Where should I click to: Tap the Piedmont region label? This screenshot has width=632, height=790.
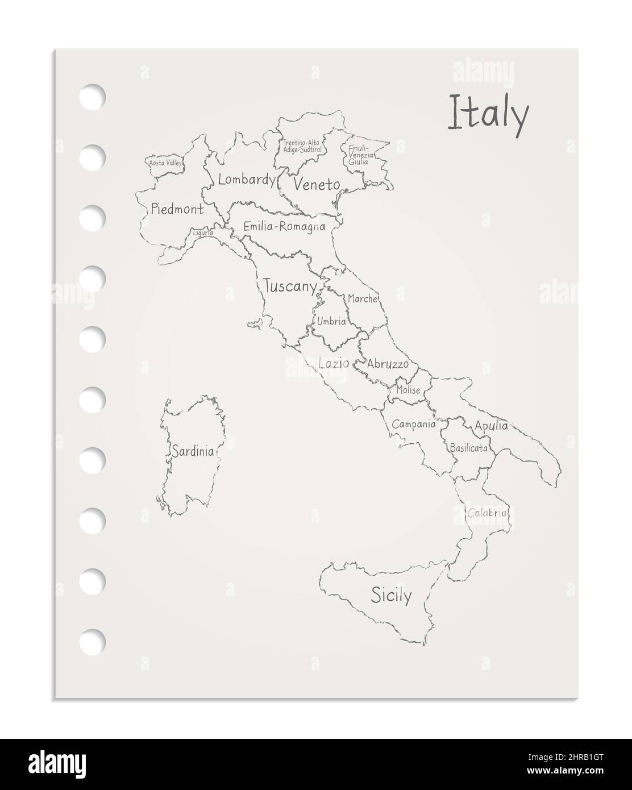(x=177, y=210)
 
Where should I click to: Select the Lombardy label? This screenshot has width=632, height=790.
(x=247, y=180)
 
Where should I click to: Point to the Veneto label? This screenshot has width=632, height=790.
(x=317, y=185)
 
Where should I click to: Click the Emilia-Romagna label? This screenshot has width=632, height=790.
(x=284, y=227)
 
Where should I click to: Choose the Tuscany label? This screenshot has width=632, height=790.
(x=290, y=287)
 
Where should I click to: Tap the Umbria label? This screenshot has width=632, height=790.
(x=331, y=322)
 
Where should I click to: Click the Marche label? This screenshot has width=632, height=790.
(x=363, y=298)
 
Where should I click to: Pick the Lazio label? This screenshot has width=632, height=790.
(x=334, y=363)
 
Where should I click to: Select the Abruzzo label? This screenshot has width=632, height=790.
(x=388, y=364)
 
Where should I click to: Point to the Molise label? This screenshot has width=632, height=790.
(x=409, y=390)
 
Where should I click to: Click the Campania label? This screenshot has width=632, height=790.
(x=414, y=424)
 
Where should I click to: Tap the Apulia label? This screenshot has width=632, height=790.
(x=491, y=426)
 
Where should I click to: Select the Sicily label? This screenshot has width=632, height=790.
(x=391, y=595)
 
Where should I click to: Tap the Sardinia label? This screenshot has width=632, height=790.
(x=193, y=452)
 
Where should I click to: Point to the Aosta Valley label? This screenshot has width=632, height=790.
(x=165, y=163)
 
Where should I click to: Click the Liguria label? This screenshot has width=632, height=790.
(x=203, y=232)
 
